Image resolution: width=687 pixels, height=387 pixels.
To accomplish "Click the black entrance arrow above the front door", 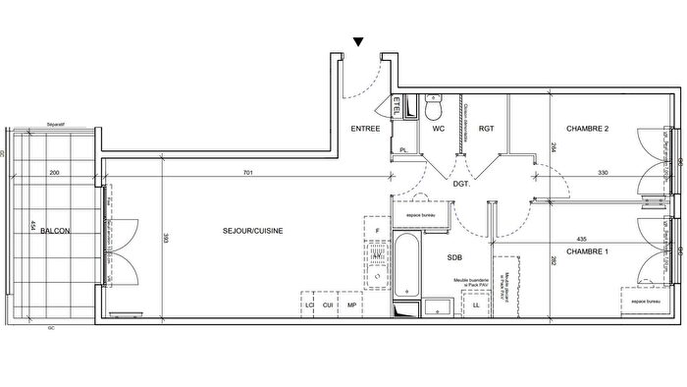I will pyautogui.click(x=360, y=42).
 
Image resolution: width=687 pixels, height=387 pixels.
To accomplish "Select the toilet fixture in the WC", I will pyautogui.click(x=439, y=105).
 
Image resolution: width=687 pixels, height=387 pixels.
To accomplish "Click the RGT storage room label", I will pyautogui.click(x=485, y=129).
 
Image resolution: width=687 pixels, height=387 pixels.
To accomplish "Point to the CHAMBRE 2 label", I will pyautogui.click(x=588, y=129).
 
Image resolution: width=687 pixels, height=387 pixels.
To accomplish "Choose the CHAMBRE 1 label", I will pyautogui.click(x=588, y=251).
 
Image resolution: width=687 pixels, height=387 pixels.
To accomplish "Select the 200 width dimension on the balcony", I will pyautogui.click(x=54, y=173).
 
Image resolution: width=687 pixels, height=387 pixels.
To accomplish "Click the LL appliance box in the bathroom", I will pyautogui.click(x=477, y=305).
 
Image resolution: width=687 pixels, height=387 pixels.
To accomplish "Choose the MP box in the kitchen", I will pyautogui.click(x=352, y=305).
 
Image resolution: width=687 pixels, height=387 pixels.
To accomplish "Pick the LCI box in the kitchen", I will pyautogui.click(x=310, y=305).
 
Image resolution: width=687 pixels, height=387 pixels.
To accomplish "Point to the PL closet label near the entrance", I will pyautogui.click(x=403, y=149).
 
